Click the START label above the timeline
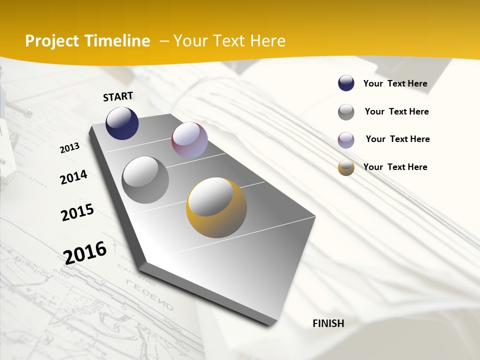click(x=118, y=96)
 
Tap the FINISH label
click(x=328, y=323)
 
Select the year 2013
click(x=70, y=147)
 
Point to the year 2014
click(x=73, y=177)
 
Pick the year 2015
click(x=77, y=212)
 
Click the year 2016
click(x=85, y=252)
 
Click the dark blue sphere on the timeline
click(x=122, y=123)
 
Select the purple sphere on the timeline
click(x=189, y=140)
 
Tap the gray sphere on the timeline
click(x=145, y=180)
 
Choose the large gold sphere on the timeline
click(x=216, y=207)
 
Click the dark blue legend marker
click(x=346, y=83)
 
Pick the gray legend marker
click(x=346, y=112)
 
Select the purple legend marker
click(x=346, y=140)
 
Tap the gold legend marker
click(x=346, y=167)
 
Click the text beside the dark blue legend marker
click(x=395, y=83)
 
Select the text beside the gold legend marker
click(x=395, y=167)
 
